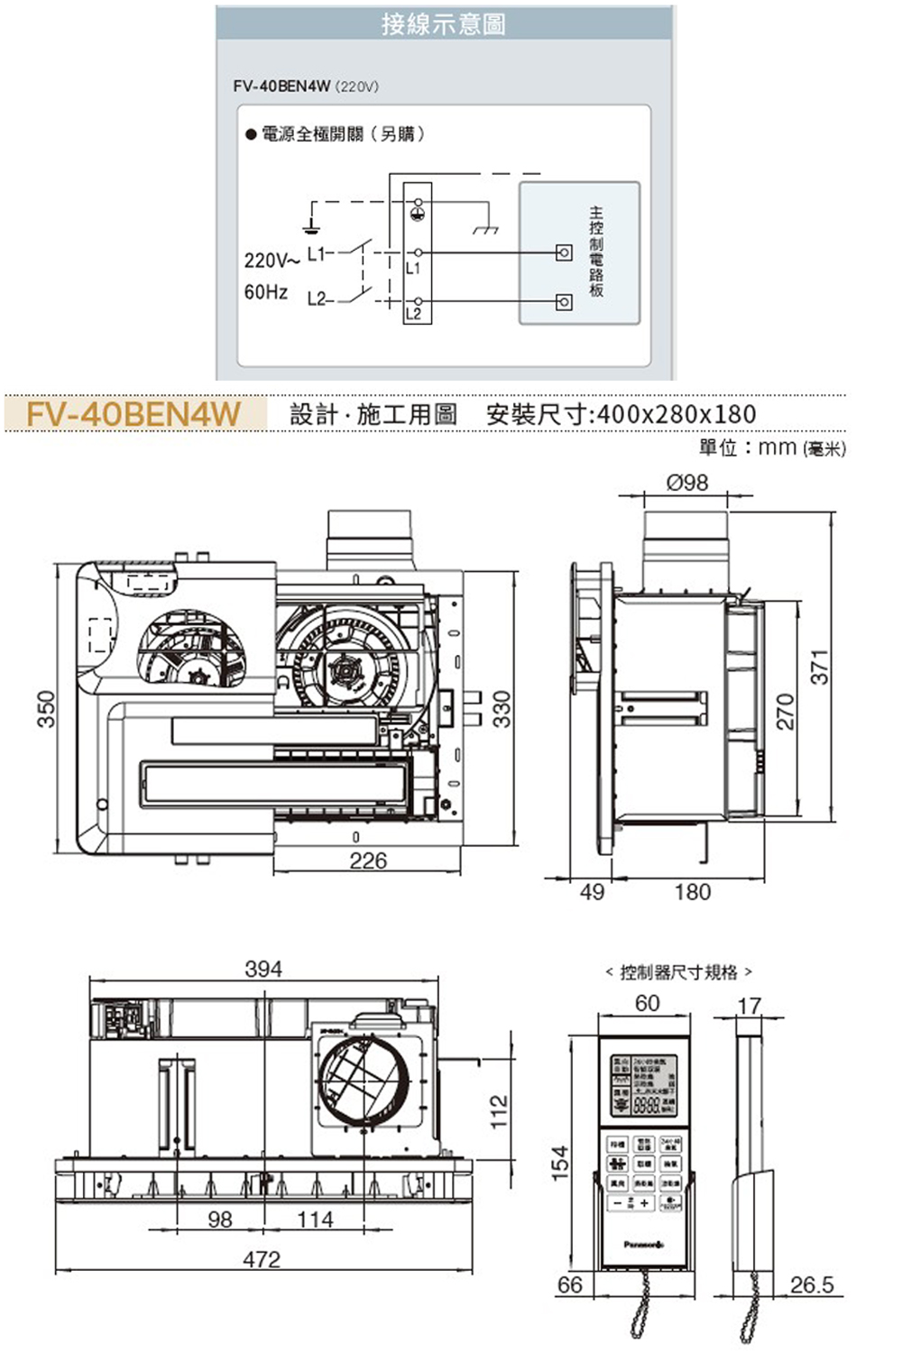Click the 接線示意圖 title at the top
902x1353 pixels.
443,23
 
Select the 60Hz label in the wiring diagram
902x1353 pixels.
266,292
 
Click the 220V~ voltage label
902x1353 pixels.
271,260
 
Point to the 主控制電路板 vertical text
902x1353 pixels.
596,252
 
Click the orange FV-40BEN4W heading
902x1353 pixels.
134,414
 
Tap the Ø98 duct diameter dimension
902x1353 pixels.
687,483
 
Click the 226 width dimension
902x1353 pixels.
368,861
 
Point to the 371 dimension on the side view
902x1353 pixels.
819,667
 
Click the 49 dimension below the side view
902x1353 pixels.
592,892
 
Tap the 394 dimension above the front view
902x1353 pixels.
263,969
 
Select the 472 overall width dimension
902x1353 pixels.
262,1259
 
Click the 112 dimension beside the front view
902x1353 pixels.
499,1111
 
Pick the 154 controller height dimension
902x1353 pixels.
560,1164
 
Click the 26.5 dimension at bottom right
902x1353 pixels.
812,1284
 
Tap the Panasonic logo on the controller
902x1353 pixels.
644,1244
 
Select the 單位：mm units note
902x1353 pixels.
772,447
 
